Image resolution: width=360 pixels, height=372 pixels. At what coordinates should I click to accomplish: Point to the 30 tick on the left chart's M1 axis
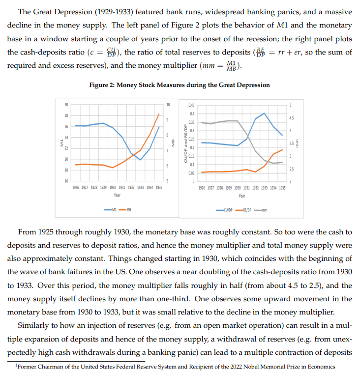[x=66, y=105]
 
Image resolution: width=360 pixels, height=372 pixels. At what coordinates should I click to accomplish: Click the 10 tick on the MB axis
[x=169, y=105]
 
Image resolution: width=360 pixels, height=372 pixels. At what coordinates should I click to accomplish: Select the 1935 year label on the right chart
[x=281, y=188]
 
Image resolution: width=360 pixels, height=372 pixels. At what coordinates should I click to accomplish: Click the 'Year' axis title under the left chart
[x=117, y=195]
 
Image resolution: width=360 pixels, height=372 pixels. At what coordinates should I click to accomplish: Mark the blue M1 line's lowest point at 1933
[x=141, y=160]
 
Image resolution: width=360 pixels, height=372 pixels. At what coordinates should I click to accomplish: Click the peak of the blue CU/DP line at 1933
[x=265, y=113]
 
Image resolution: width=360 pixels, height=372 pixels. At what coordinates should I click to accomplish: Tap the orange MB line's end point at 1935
[x=159, y=114]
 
